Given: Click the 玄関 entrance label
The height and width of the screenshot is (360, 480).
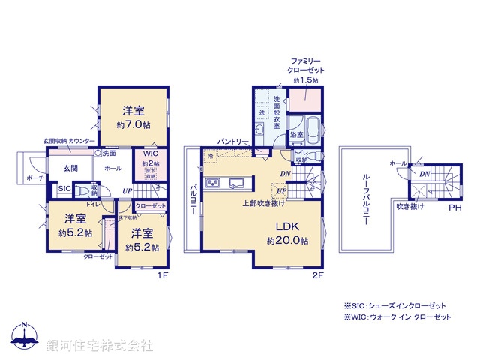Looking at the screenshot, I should click(70, 168).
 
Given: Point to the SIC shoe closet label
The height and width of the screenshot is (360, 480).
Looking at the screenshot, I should click(64, 189).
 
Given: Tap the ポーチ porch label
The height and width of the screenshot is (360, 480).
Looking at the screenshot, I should click(34, 178).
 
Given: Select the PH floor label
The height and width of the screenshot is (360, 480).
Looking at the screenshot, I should click(454, 208).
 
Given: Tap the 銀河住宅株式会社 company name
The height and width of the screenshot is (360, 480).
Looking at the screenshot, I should click(100, 345).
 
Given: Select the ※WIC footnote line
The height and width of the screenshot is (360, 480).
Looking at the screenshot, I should click(397, 318).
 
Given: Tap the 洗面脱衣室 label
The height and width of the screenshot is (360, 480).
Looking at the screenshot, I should click(277, 112).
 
